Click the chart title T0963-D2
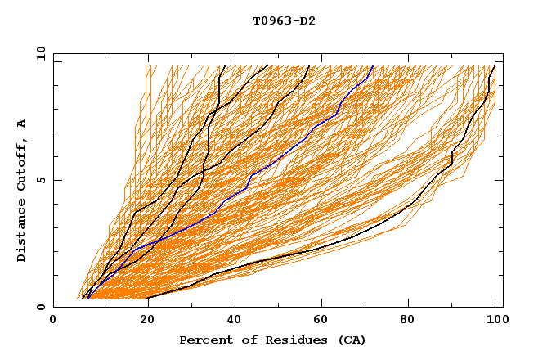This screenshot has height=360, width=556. pos(284,20)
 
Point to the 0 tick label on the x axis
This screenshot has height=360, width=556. pos(53,320)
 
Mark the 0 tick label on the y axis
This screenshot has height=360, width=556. pos(40,308)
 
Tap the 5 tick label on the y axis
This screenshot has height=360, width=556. pos(40,180)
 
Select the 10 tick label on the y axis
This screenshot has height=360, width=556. pos(37,53)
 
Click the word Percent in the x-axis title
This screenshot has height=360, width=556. pos(204,340)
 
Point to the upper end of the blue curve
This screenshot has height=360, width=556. pos(372,66)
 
